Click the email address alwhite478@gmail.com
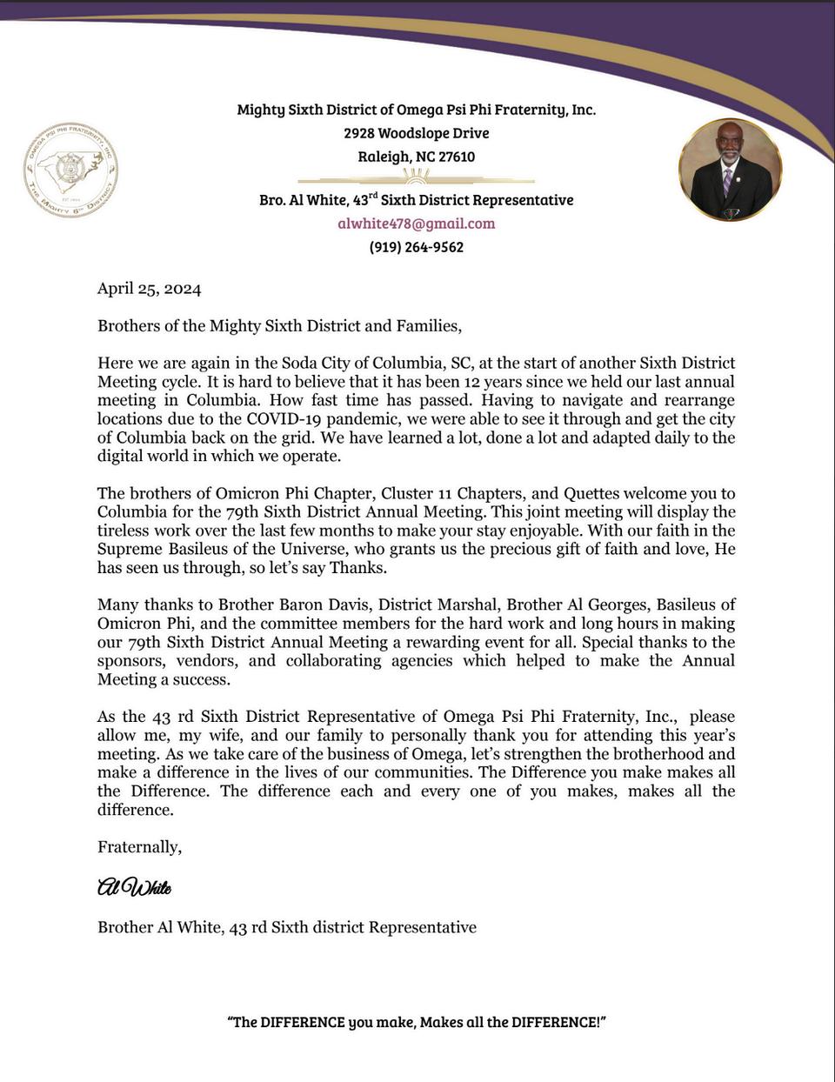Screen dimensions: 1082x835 pyautogui.click(x=416, y=224)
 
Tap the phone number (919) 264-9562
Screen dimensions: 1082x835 pyautogui.click(x=416, y=247)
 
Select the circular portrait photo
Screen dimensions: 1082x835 pyautogui.click(x=730, y=170)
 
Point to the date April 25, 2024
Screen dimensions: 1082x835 pyautogui.click(x=149, y=289)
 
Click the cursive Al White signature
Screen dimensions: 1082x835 pyautogui.click(x=134, y=887)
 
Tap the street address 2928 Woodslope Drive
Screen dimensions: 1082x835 pyautogui.click(x=416, y=133)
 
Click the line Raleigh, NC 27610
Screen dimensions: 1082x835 pyautogui.click(x=416, y=157)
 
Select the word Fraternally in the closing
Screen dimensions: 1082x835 pyautogui.click(x=139, y=846)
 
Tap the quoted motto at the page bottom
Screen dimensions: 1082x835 pyautogui.click(x=417, y=1022)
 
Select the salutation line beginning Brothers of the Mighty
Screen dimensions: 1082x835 pyautogui.click(x=278, y=326)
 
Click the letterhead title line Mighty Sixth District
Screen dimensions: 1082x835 pyautogui.click(x=416, y=110)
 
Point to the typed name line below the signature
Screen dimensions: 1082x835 pyautogui.click(x=286, y=927)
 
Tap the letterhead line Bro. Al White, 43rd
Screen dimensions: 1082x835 pyautogui.click(x=416, y=199)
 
